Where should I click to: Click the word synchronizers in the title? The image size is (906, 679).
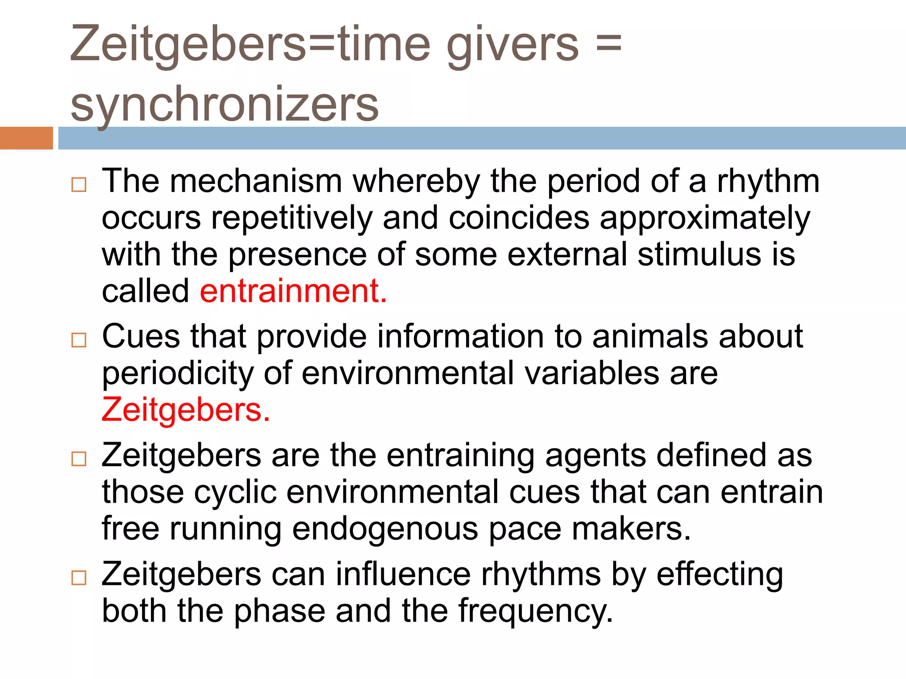pos(225,104)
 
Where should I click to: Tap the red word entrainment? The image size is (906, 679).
pos(293,291)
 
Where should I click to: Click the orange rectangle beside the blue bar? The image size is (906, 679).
pos(27,138)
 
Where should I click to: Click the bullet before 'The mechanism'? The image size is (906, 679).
pos(79,184)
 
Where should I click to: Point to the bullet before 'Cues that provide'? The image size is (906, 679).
pos(79,340)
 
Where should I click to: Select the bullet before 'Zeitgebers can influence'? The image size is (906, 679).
pos(79,577)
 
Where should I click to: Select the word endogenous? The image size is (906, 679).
pos(385,529)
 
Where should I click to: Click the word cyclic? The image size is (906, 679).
pos(235,492)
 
